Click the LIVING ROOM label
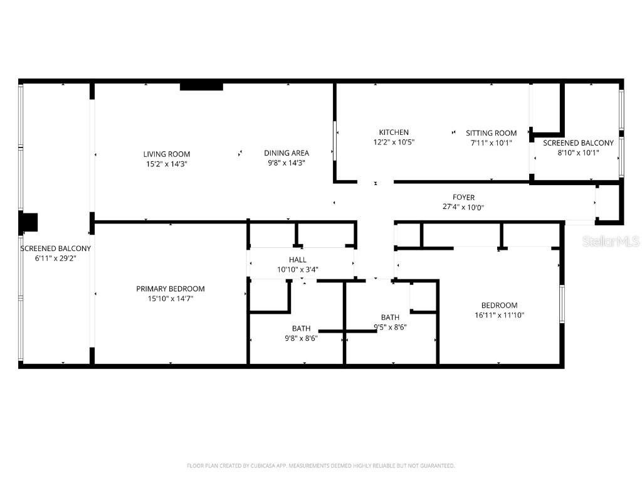pyautogui.click(x=166, y=154)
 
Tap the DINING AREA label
pyautogui.click(x=286, y=153)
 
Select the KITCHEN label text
pyautogui.click(x=394, y=132)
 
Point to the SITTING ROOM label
pyautogui.click(x=491, y=133)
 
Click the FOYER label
pyautogui.click(x=463, y=198)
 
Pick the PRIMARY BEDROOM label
pyautogui.click(x=170, y=289)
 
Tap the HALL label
pyautogui.click(x=297, y=260)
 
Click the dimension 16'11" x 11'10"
pyautogui.click(x=499, y=315)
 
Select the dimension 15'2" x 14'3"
pyautogui.click(x=166, y=164)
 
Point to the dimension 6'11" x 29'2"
pyautogui.click(x=55, y=258)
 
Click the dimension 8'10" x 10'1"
pyautogui.click(x=578, y=152)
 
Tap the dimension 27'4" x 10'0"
pyautogui.click(x=463, y=208)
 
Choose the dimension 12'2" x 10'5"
pyautogui.click(x=394, y=142)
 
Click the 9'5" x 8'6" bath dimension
pyautogui.click(x=390, y=326)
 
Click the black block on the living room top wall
pyautogui.click(x=201, y=87)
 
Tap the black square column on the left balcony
pyautogui.click(x=29, y=223)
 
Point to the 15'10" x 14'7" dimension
pyautogui.click(x=170, y=299)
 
